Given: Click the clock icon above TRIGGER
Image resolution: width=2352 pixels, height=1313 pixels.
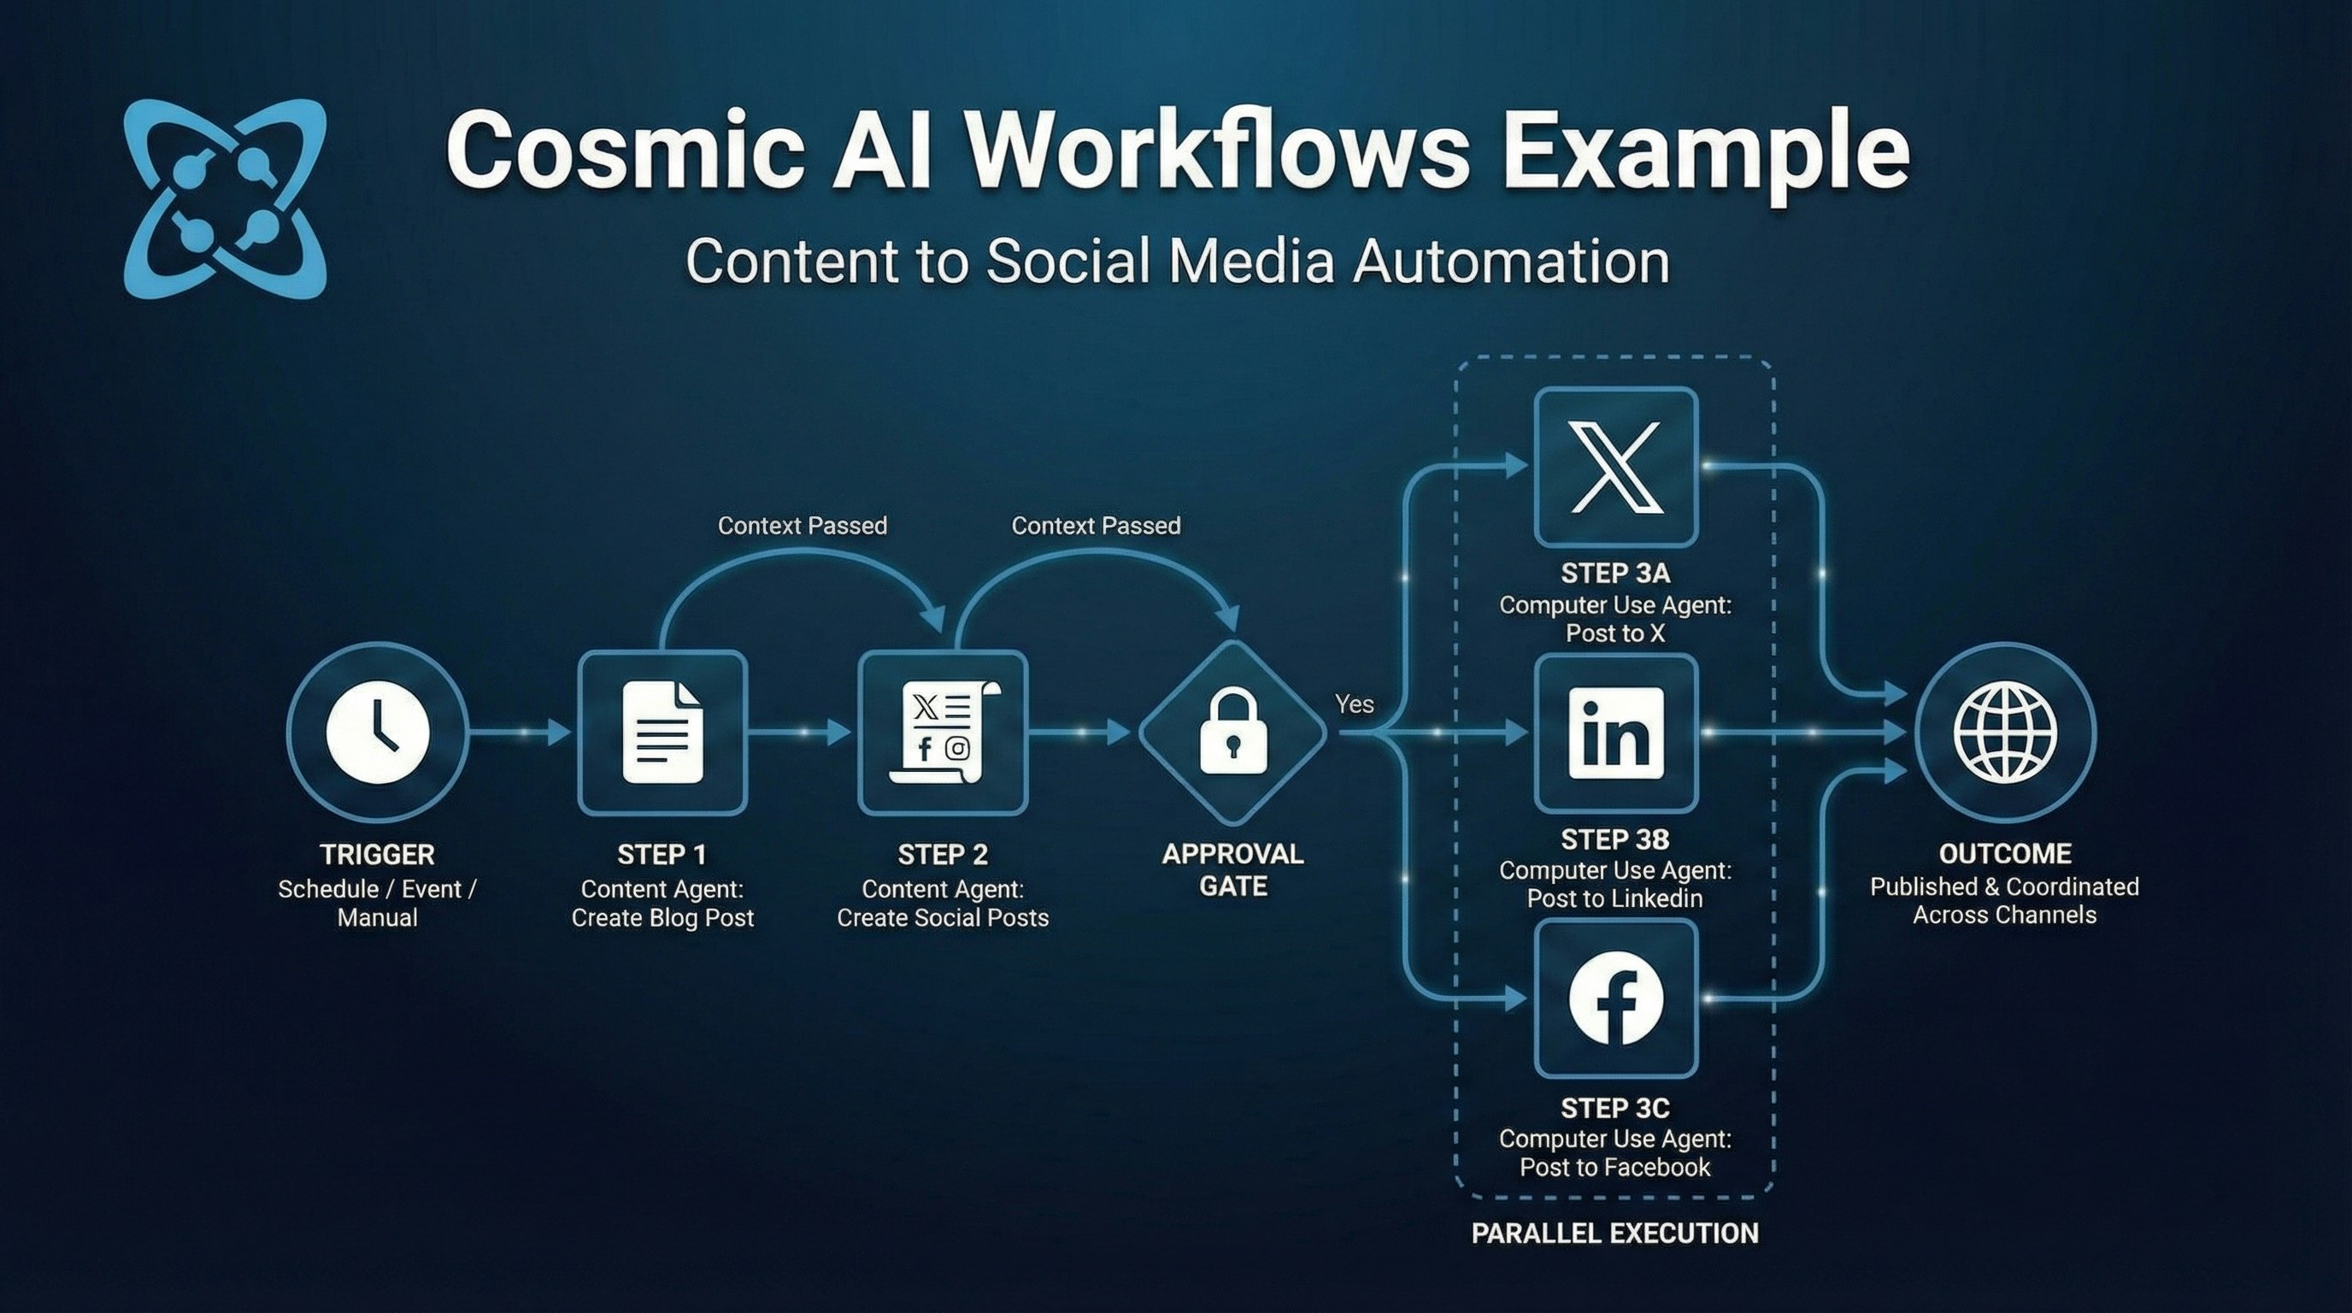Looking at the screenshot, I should pos(377,733).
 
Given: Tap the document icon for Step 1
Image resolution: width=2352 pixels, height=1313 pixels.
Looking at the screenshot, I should pos(663,733).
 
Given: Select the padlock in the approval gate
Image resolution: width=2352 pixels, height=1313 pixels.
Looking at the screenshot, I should pos(1232,733).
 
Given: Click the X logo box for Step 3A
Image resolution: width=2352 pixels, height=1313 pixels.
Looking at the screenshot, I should pos(1615,467).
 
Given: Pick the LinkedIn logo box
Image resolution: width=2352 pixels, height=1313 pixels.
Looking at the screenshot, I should pos(1615,733).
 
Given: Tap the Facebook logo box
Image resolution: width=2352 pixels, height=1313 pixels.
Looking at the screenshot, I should pos(1615,998).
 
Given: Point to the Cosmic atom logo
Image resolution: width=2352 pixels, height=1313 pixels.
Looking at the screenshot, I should pos(225,199).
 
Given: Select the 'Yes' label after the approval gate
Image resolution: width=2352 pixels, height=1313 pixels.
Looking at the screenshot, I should pos(1354,704).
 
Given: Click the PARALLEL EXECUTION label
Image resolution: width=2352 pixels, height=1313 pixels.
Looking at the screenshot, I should pos(1614,1234).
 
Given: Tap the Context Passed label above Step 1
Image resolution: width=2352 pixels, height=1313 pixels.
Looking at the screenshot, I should pos(802,526).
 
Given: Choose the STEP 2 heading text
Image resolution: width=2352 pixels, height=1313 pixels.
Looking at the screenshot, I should pos(943,855).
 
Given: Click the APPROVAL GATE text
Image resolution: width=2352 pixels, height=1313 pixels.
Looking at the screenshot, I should pos(1232,869).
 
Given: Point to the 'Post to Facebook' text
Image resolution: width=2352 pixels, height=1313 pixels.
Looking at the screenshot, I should pos(1614,1167).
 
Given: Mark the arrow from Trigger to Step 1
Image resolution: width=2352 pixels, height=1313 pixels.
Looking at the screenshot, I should pos(520,733).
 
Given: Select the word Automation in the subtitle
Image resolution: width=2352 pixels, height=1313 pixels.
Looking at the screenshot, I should pos(1511,262).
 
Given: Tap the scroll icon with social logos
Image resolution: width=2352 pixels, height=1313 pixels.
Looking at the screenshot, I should pos(944,733).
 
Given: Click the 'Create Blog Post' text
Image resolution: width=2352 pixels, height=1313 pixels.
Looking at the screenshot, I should pos(663,917).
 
